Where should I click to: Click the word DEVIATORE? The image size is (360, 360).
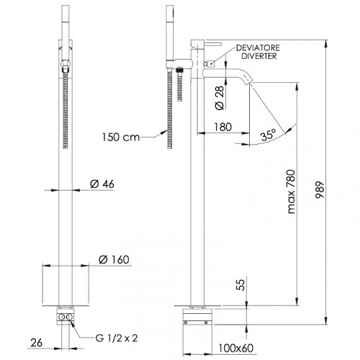(258, 48)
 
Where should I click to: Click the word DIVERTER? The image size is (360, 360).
(259, 56)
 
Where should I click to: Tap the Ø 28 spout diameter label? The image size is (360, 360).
(220, 98)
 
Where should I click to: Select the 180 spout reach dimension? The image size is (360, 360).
(222, 127)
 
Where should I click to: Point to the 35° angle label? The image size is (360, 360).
(269, 135)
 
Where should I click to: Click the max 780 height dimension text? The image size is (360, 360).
(291, 192)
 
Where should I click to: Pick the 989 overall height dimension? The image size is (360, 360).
(320, 190)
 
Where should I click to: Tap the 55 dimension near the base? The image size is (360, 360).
(241, 285)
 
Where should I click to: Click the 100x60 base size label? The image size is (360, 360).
(235, 348)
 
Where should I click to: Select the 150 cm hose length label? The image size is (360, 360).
(121, 138)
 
